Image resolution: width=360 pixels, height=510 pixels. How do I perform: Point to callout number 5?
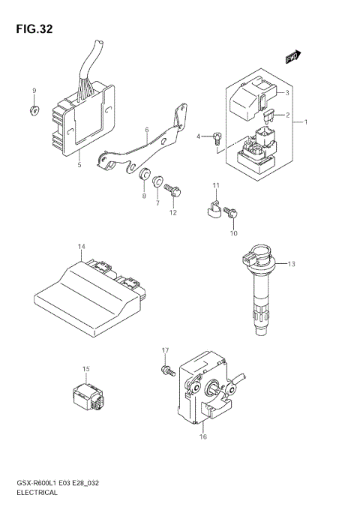[79, 163]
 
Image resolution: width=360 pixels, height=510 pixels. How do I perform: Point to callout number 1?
[306, 121]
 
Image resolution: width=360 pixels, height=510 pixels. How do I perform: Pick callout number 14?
[81, 247]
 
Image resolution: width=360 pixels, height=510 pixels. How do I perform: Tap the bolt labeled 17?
[163, 369]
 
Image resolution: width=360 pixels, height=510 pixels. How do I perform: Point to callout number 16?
[202, 436]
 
